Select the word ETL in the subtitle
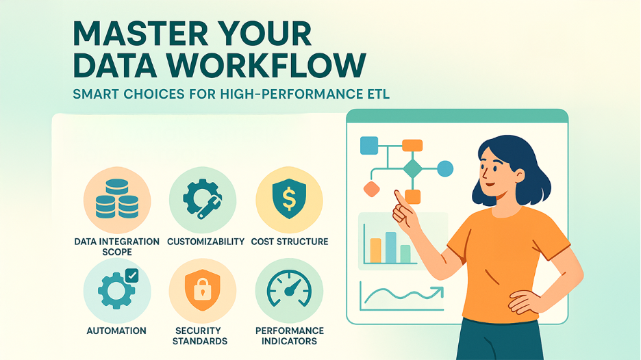377,94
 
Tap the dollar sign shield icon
288,199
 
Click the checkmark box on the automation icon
132,274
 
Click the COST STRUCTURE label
289,242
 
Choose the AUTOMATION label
116,331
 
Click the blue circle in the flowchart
445,168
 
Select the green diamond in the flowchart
412,168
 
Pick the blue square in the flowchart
369,145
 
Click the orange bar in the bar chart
375,250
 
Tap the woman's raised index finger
398,196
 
